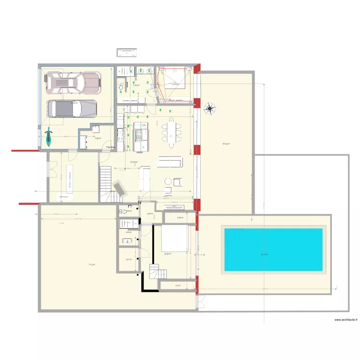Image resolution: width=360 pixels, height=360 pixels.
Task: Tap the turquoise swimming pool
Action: pyautogui.click(x=274, y=249)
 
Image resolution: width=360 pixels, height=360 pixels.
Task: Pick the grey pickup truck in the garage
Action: pyautogui.click(x=72, y=108)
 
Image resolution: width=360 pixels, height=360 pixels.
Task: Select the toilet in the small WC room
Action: pyautogui.click(x=123, y=211)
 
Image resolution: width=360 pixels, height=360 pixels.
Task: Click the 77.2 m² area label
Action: pyautogui.click(x=91, y=264)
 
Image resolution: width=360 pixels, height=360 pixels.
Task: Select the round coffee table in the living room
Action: pyautogui.click(x=168, y=181)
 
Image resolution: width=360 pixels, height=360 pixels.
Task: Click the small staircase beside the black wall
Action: pyautogui.click(x=156, y=272)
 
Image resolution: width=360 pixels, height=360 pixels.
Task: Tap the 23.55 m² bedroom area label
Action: pyautogui.click(x=168, y=254)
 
